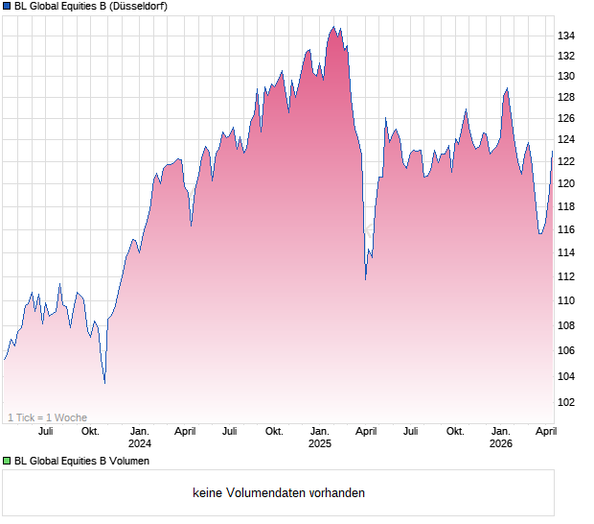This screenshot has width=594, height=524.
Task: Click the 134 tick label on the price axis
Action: [566, 36]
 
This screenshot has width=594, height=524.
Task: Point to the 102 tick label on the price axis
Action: [566, 402]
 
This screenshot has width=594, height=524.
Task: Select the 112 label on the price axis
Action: [566, 276]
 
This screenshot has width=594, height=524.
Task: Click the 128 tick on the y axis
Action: [566, 98]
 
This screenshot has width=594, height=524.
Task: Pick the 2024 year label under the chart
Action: [140, 443]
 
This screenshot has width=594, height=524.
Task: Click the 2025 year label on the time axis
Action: [320, 443]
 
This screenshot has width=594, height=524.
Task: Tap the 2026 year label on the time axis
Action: [500, 443]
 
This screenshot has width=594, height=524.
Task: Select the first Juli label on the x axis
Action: [45, 431]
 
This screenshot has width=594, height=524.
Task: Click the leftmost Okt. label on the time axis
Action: [90, 431]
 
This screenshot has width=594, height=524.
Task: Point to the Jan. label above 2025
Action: [320, 431]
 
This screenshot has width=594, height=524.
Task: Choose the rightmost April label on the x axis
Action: [545, 431]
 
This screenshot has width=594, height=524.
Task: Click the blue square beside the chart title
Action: [7, 6]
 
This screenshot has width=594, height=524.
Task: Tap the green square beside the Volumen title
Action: [7, 461]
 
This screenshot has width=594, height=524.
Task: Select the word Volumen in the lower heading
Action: [127, 461]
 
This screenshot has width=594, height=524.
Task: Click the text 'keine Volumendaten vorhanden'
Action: [279, 493]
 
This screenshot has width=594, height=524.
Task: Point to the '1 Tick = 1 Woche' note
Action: [48, 417]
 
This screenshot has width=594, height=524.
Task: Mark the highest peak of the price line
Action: [332, 27]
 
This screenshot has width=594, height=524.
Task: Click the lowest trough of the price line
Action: [104, 383]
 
